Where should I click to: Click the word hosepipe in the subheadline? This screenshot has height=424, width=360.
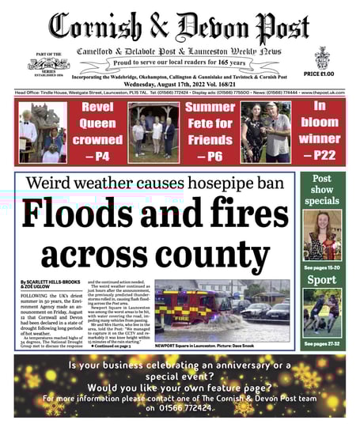coord(224,184)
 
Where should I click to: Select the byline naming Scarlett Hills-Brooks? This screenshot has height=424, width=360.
coord(49,284)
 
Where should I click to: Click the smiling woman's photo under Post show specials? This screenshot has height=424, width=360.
coord(321,235)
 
